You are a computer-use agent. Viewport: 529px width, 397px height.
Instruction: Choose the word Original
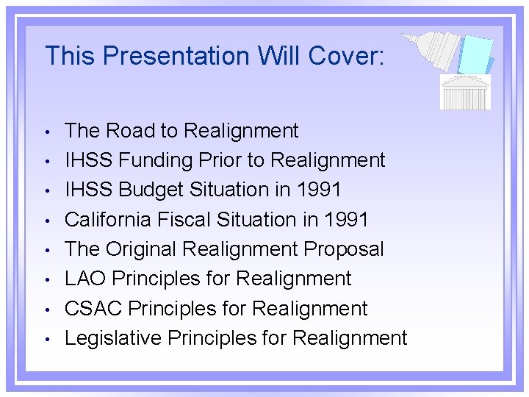[x=143, y=249]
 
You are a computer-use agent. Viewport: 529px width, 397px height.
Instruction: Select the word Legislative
[x=113, y=338]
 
